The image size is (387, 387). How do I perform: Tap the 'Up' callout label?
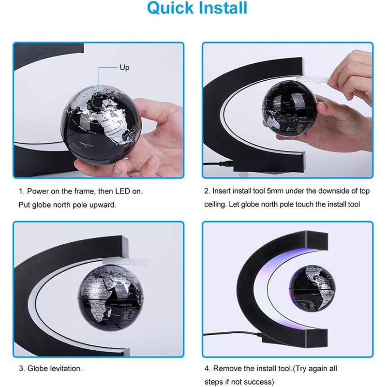coord(124,68)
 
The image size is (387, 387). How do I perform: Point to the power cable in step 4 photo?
coord(232,334)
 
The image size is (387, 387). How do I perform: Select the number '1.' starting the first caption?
coord(22,192)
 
